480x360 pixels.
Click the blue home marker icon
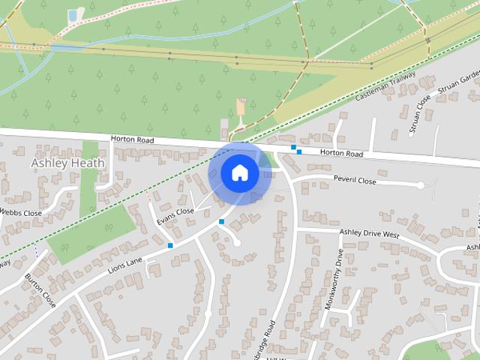[239, 172]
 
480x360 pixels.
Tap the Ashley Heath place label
[68, 163]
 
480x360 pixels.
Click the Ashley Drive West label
[370, 233]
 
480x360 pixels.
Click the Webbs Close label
[21, 213]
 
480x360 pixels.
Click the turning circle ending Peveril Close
[421, 184]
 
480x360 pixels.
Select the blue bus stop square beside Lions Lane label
[171, 245]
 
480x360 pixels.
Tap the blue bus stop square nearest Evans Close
[221, 221]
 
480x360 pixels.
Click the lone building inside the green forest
[241, 106]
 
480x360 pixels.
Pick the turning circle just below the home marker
[237, 242]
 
